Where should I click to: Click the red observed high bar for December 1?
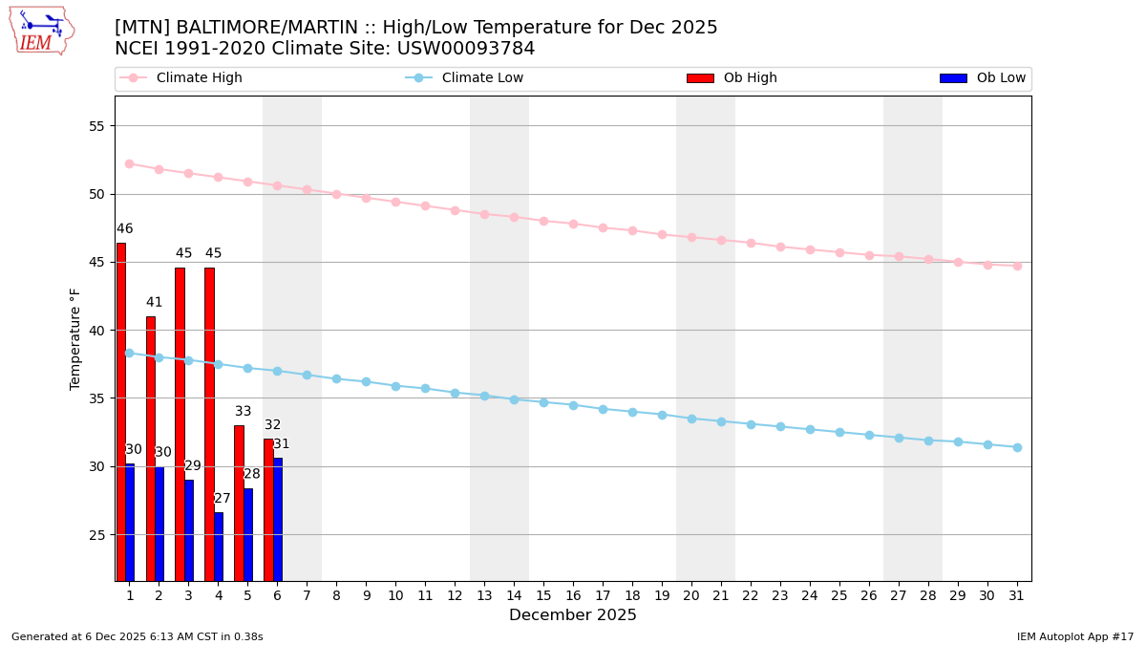pyautogui.click(x=121, y=411)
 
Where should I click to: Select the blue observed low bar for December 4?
pyautogui.click(x=219, y=547)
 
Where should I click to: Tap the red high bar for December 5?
pyautogui.click(x=239, y=503)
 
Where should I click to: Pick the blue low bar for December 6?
pyautogui.click(x=278, y=519)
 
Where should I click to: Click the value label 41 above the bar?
pyautogui.click(x=155, y=303)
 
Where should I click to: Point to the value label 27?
pyautogui.click(x=223, y=499)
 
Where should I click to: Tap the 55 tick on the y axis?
pyautogui.click(x=95, y=126)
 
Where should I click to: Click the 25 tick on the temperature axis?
pyautogui.click(x=95, y=535)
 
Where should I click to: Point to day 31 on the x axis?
pyautogui.click(x=1017, y=595)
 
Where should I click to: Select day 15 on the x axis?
pyautogui.click(x=543, y=595)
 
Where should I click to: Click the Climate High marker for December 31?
pyautogui.click(x=1017, y=266)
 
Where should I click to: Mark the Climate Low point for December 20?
pyautogui.click(x=691, y=419)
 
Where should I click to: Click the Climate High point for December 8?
pyautogui.click(x=336, y=194)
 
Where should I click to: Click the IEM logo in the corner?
pyautogui.click(x=42, y=31)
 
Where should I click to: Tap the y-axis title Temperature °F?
pyautogui.click(x=75, y=338)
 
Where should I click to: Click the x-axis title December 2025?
pyautogui.click(x=572, y=615)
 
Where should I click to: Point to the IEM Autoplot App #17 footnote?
pyautogui.click(x=1075, y=636)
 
